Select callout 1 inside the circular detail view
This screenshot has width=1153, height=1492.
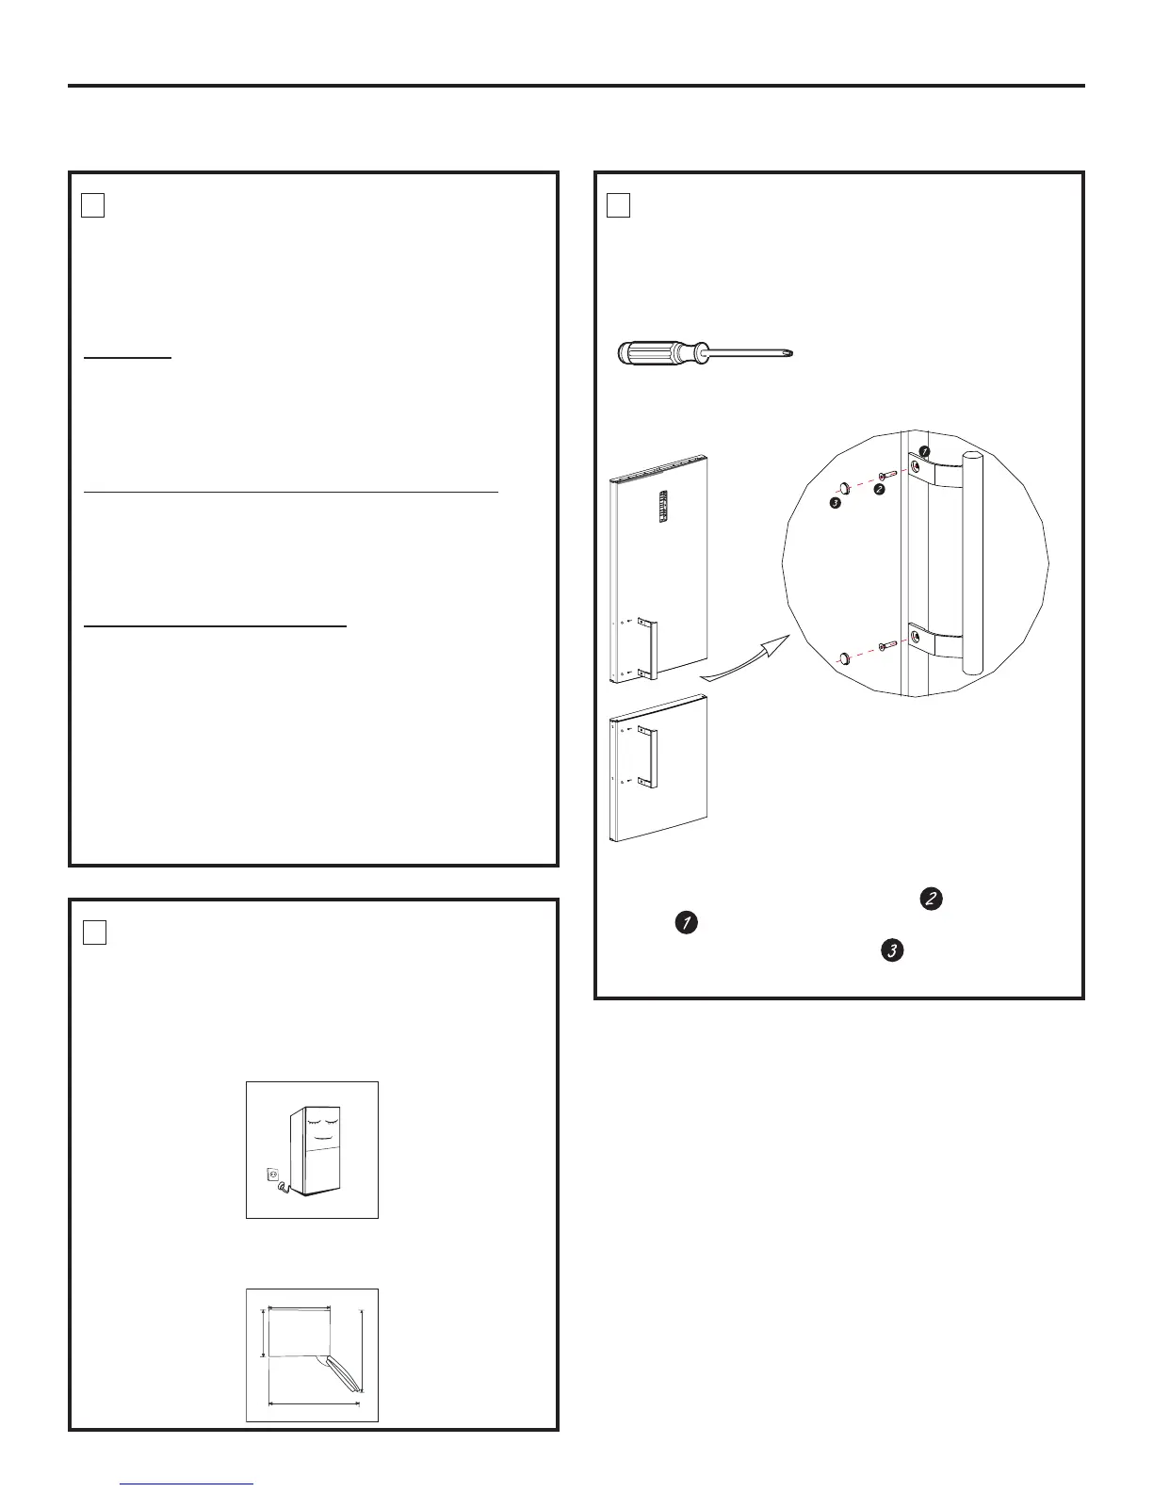point(924,453)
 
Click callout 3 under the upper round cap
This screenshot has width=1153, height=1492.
point(835,503)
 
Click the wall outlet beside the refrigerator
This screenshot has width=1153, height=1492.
point(274,1175)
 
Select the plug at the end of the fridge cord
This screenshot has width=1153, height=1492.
point(282,1189)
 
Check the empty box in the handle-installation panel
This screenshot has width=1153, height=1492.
point(618,204)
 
